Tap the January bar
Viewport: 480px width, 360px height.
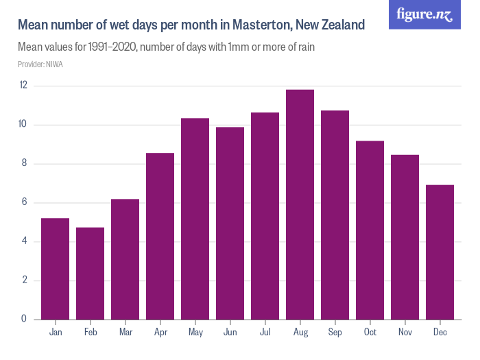pos(55,268)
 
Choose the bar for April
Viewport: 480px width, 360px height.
pos(160,236)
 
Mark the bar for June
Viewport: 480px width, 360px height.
pos(230,223)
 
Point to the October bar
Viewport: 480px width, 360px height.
pos(370,230)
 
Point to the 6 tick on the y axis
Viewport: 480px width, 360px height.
pos(24,202)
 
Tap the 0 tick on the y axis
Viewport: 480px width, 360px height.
pos(24,319)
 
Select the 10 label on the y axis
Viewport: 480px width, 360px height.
pos(23,125)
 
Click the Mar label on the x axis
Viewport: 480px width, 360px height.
pos(125,333)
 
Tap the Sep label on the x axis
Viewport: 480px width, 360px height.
pos(335,333)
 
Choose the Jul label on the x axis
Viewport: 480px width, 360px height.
pos(265,333)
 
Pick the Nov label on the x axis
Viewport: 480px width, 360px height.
pos(405,333)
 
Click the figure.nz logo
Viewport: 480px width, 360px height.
pos(424,14)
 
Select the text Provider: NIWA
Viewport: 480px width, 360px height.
pos(40,64)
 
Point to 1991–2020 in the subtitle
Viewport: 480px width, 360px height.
pos(112,48)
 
